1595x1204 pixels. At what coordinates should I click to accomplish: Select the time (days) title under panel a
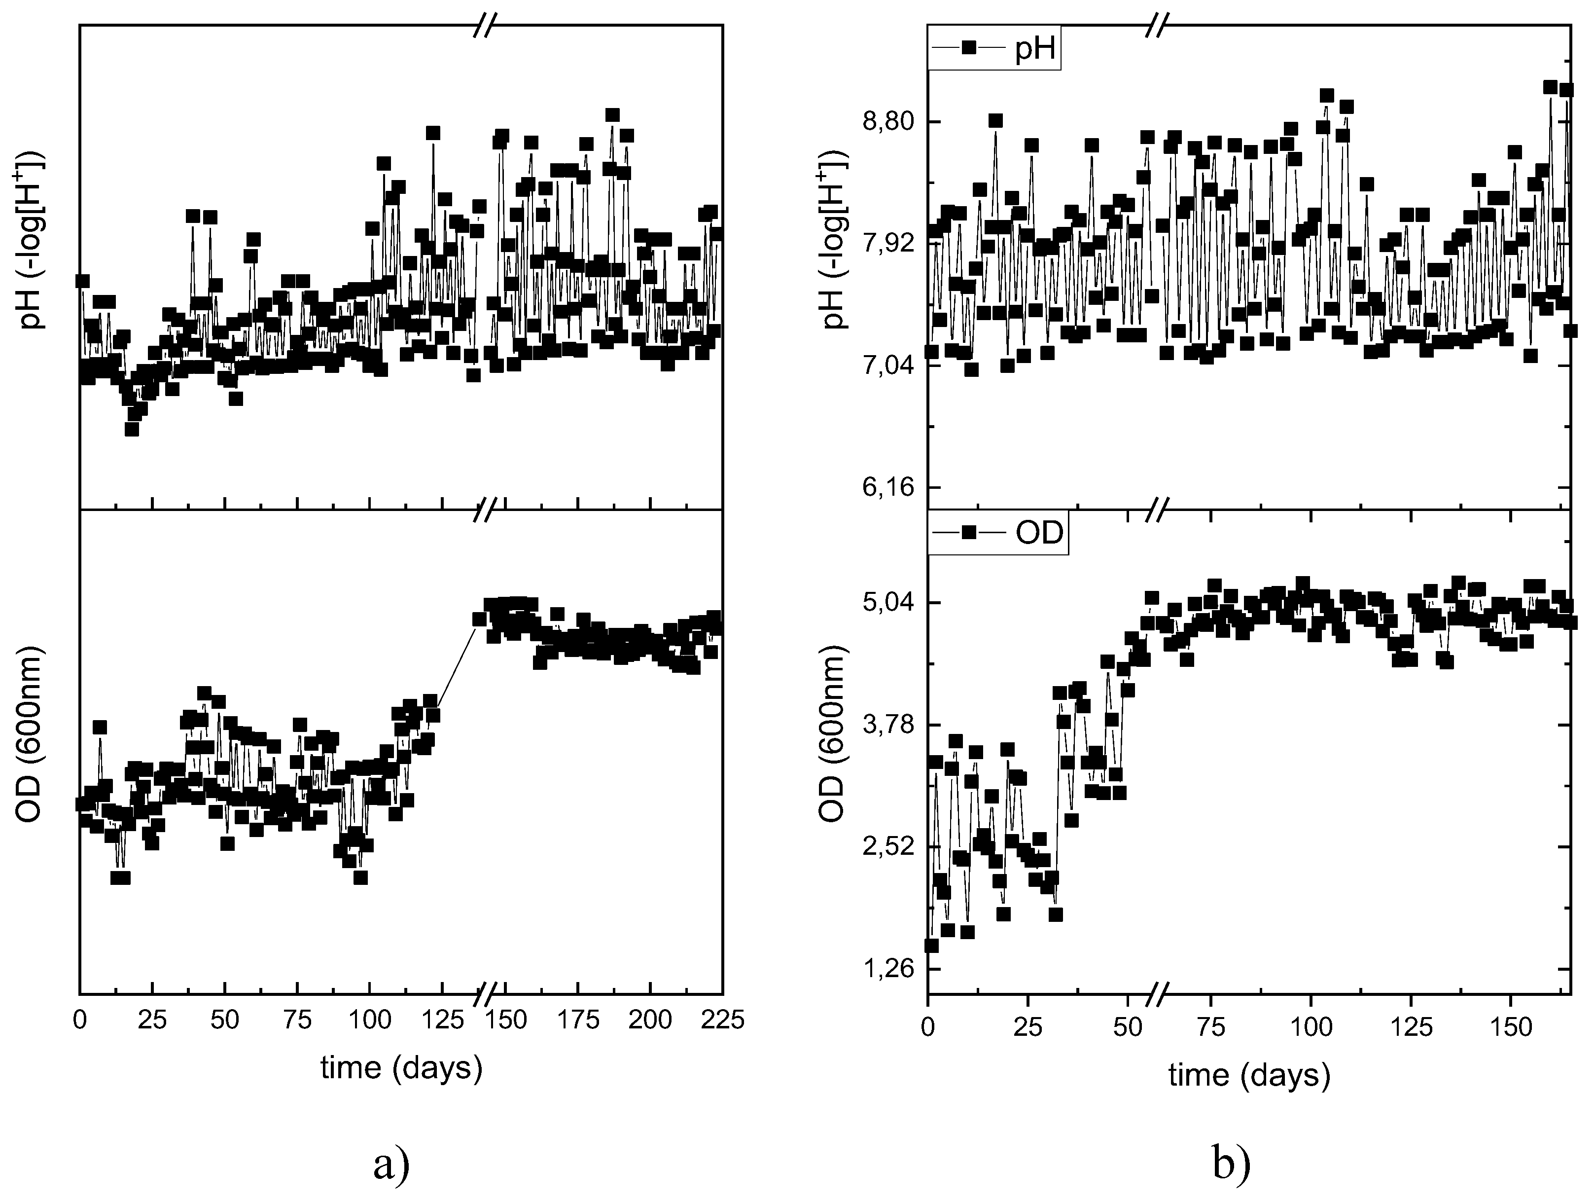click(401, 1068)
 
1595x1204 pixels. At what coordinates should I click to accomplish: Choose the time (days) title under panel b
click(1249, 1076)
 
